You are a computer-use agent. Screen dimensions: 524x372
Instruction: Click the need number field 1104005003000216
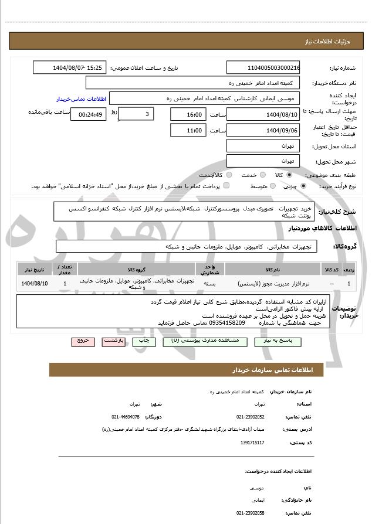pos(263,68)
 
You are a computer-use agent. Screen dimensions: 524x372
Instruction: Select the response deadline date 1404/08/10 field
pos(263,114)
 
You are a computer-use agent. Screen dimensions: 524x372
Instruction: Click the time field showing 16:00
pos(188,114)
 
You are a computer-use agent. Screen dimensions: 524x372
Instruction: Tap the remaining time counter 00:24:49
pos(88,114)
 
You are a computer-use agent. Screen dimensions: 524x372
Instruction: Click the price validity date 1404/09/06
pos(263,131)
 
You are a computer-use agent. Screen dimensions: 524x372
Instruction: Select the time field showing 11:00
pos(188,131)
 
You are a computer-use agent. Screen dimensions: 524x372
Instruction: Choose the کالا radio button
pos(289,175)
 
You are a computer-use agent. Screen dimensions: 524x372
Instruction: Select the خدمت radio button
pos(262,175)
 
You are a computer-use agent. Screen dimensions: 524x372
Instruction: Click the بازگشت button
pos(112,341)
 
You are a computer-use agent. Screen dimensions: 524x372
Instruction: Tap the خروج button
pos(82,341)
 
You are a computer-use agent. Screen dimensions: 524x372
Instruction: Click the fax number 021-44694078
pos(126,417)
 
